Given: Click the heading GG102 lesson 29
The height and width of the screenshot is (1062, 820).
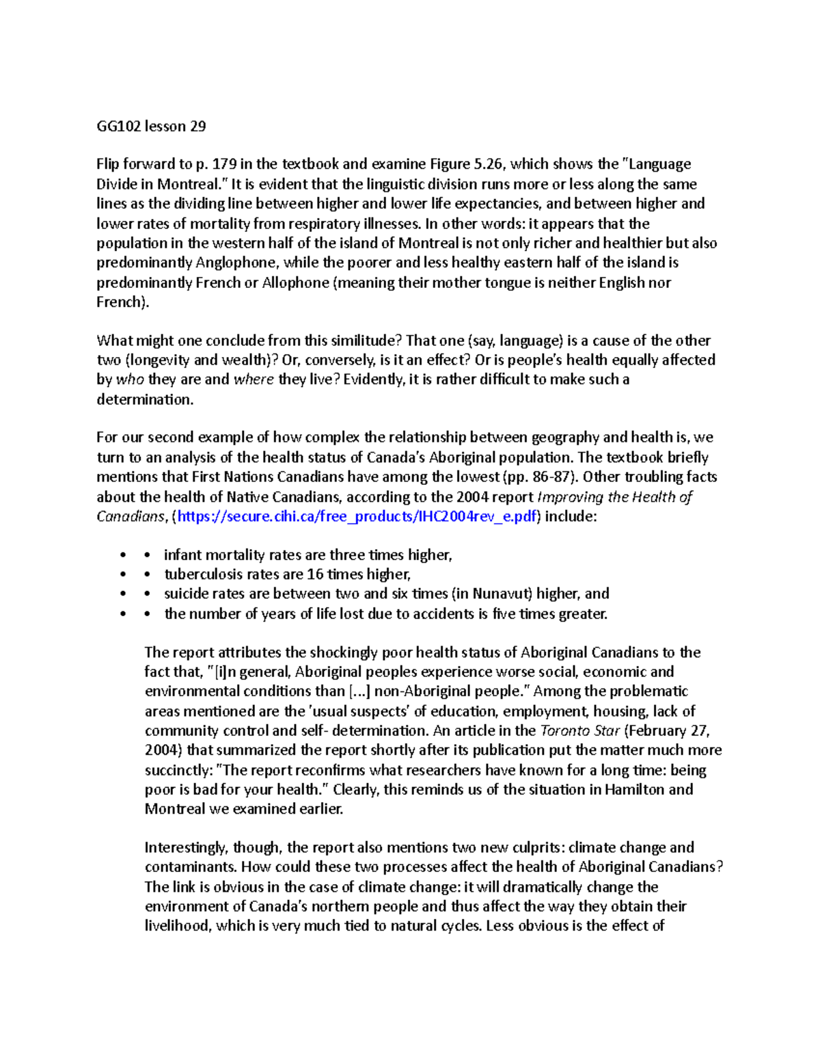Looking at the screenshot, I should pyautogui.click(x=151, y=126).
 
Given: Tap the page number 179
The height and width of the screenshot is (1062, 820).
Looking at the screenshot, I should pyautogui.click(x=225, y=164).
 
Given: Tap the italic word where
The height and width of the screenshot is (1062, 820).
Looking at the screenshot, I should pyautogui.click(x=254, y=380).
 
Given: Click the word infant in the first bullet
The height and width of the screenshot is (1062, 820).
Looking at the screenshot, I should pyautogui.click(x=182, y=555).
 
